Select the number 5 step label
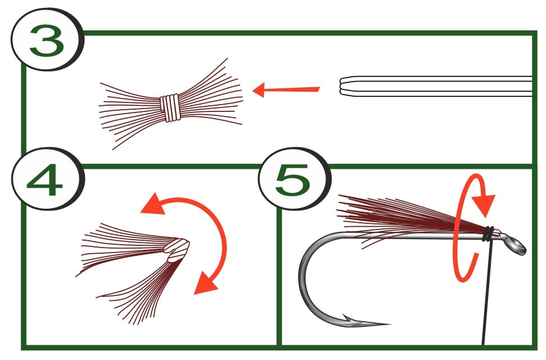click(292, 179)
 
